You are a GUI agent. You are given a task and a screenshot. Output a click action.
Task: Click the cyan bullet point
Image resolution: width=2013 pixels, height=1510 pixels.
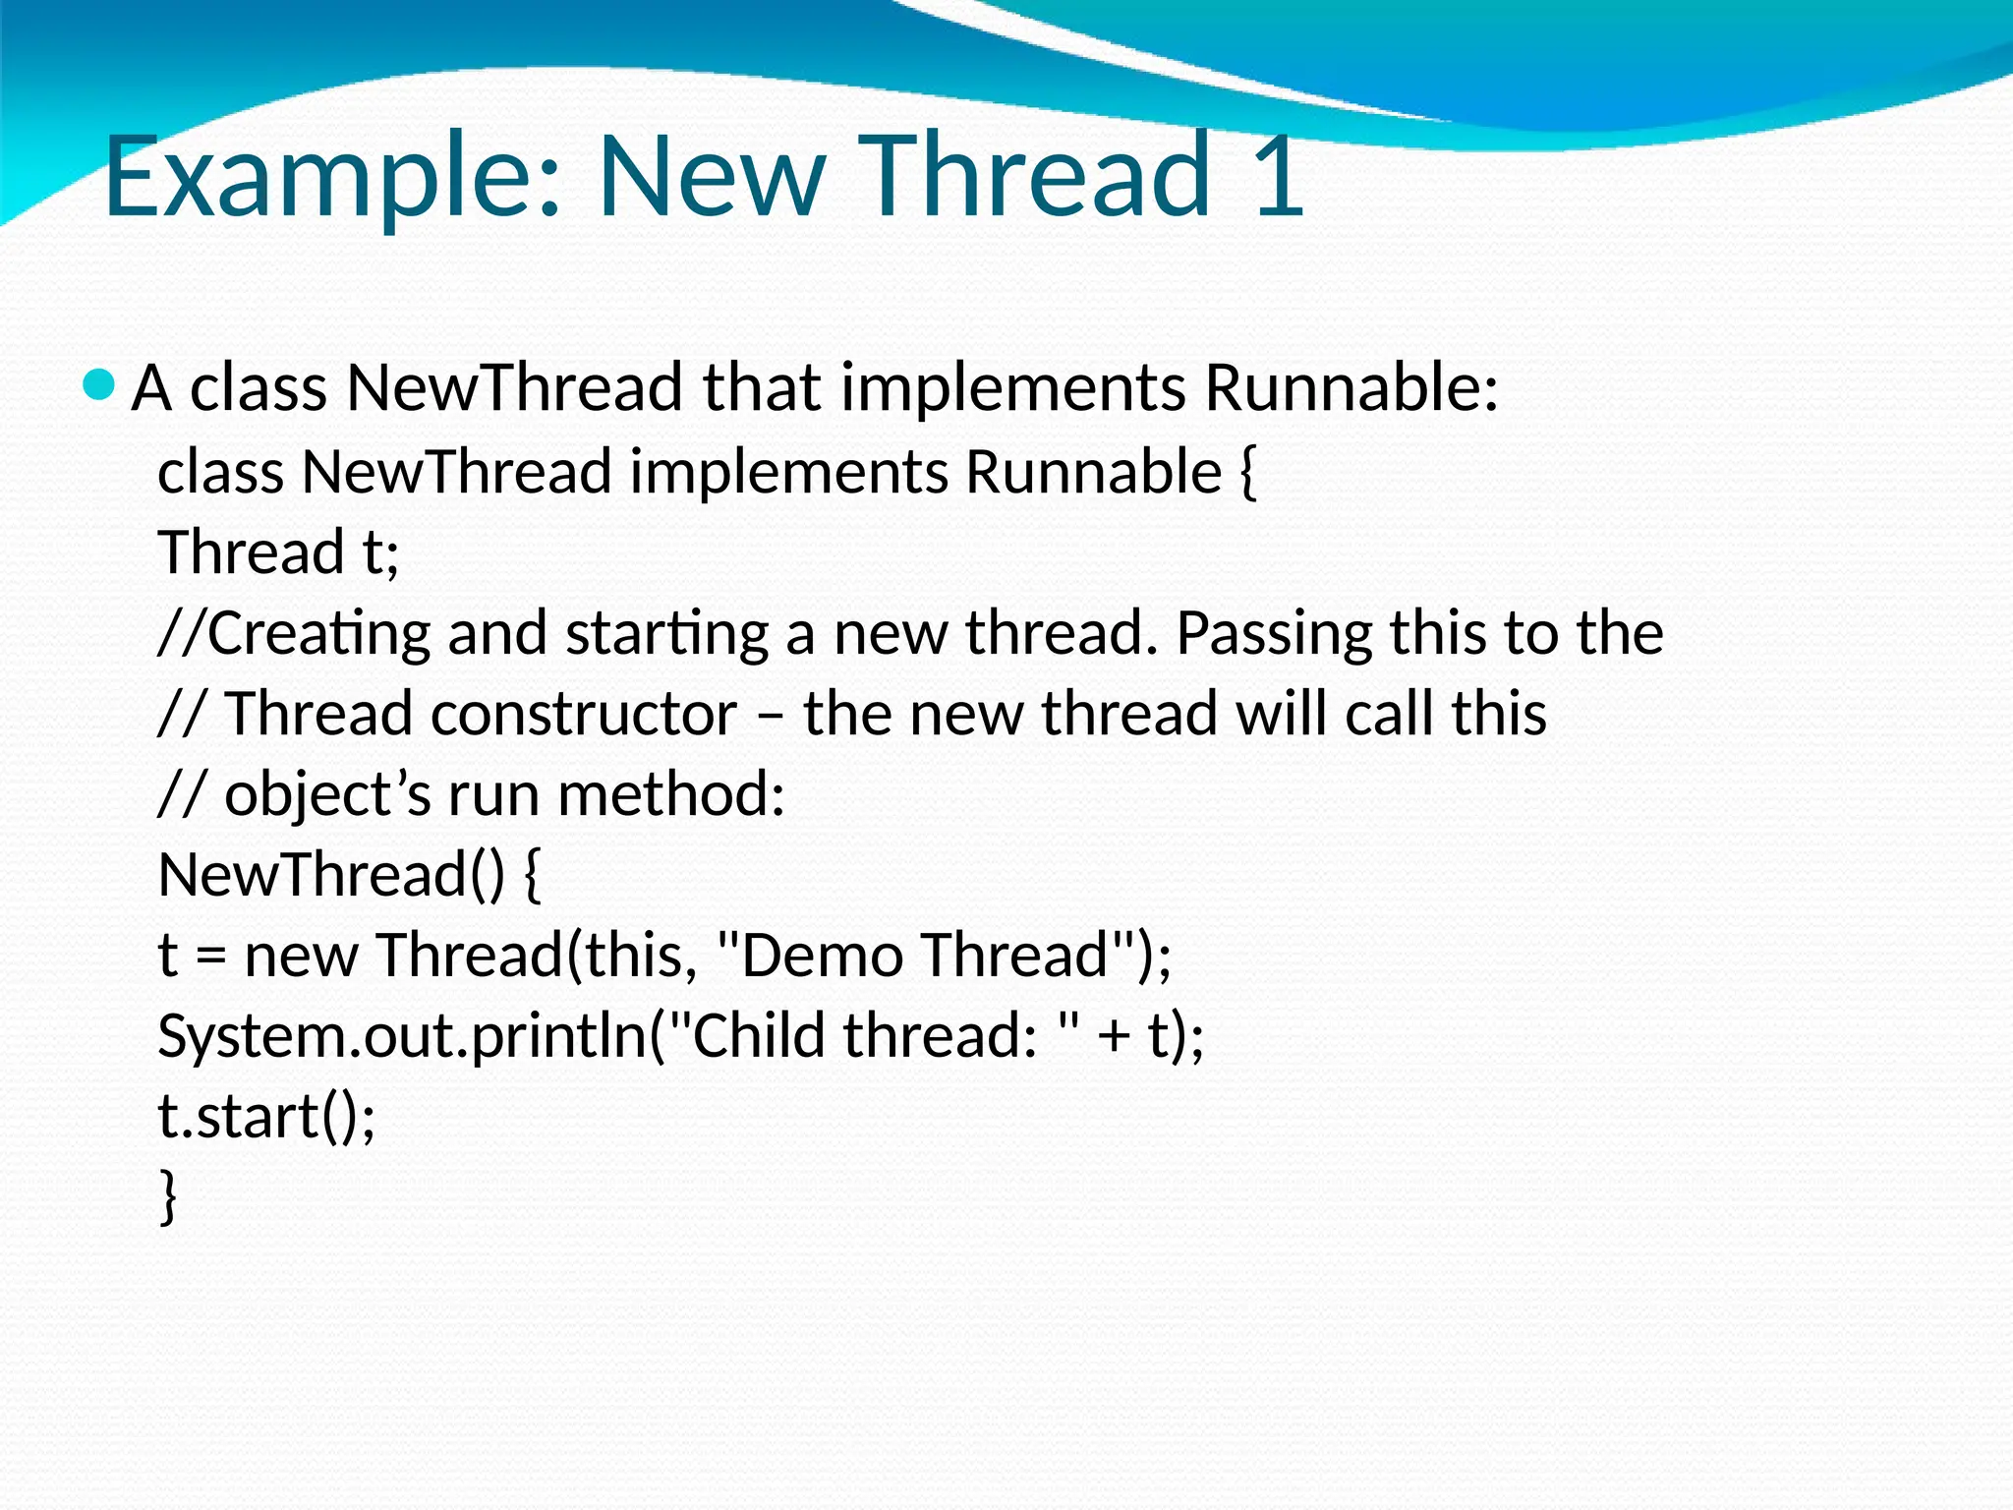coord(99,384)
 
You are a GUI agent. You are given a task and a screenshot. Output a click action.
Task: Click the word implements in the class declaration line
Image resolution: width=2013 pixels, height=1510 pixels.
coord(788,472)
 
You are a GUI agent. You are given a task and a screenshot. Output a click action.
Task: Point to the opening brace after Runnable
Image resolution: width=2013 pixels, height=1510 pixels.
coord(1247,472)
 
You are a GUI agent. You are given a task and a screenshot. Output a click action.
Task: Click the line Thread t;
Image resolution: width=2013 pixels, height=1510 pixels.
coord(278,552)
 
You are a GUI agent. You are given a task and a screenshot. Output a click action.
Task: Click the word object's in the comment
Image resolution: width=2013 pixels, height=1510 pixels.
coord(327,794)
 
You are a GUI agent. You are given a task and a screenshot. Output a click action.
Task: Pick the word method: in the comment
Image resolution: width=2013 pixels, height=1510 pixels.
coord(671,794)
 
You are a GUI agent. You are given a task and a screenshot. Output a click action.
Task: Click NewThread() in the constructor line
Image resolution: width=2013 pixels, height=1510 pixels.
coord(331,875)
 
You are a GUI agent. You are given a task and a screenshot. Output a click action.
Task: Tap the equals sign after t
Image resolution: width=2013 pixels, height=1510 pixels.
coord(211,957)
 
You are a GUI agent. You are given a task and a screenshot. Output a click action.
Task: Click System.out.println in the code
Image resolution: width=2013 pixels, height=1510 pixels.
coord(402,1036)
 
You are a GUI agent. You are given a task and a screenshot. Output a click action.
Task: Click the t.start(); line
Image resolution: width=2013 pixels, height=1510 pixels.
coord(266,1117)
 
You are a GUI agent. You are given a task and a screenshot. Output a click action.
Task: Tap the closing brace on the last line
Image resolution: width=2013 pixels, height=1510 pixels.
coord(168,1195)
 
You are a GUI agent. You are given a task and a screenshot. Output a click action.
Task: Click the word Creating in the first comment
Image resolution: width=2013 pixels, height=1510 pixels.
coord(318,633)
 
